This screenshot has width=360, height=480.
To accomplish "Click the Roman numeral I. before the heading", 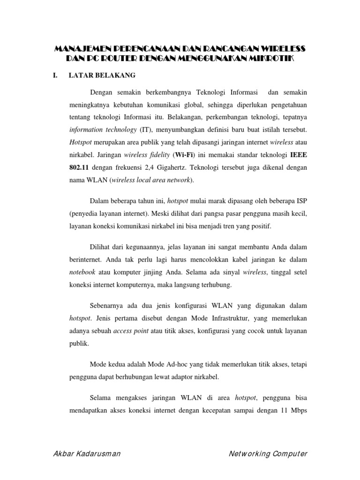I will click(56, 75).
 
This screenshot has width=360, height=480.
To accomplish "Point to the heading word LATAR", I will click(81, 75).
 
